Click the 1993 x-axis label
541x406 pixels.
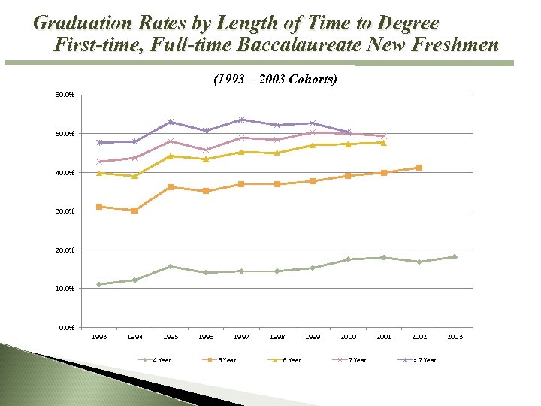click(x=99, y=338)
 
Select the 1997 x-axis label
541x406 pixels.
click(x=241, y=338)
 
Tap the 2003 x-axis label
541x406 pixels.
click(x=455, y=338)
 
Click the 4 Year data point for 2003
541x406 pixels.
click(x=455, y=257)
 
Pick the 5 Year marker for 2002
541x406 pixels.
click(x=419, y=168)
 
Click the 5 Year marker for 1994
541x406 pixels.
click(x=134, y=211)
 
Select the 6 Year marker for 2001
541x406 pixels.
click(x=383, y=142)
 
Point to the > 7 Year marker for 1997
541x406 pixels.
click(x=241, y=120)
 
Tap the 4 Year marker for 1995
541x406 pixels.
click(x=170, y=266)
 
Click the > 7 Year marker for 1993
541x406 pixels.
click(x=99, y=143)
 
